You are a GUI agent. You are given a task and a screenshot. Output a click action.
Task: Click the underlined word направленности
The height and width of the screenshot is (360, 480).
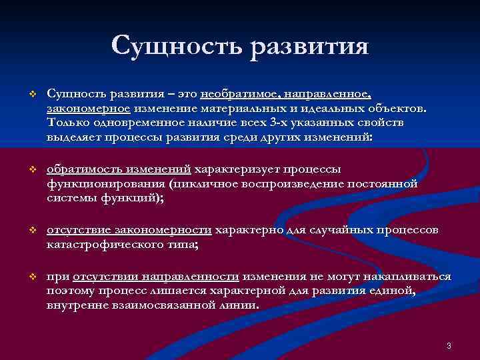click(x=198, y=275)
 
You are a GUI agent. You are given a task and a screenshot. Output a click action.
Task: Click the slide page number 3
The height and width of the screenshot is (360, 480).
click(x=449, y=345)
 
